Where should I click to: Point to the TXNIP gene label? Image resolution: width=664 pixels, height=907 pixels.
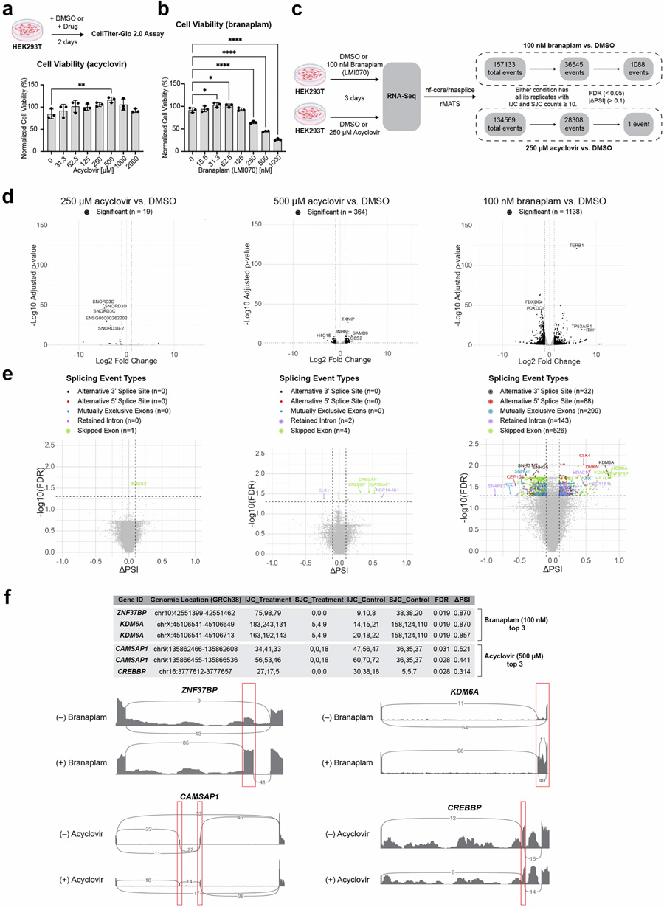348,319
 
